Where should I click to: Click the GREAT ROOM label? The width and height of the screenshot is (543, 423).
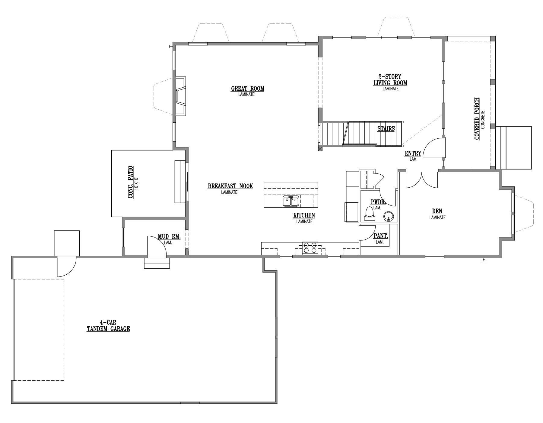(248, 89)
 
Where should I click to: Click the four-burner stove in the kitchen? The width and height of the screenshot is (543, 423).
(310, 248)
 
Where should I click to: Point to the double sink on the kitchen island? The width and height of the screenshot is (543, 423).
(291, 201)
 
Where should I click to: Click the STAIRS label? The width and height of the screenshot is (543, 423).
(386, 129)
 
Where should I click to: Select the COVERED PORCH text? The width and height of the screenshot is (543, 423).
(477, 118)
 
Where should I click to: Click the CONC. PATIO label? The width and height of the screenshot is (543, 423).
(131, 182)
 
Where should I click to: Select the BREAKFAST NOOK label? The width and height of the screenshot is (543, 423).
(230, 186)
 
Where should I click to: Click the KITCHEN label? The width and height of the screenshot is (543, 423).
(304, 215)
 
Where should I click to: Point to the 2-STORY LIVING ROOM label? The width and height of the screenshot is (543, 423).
(390, 80)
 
